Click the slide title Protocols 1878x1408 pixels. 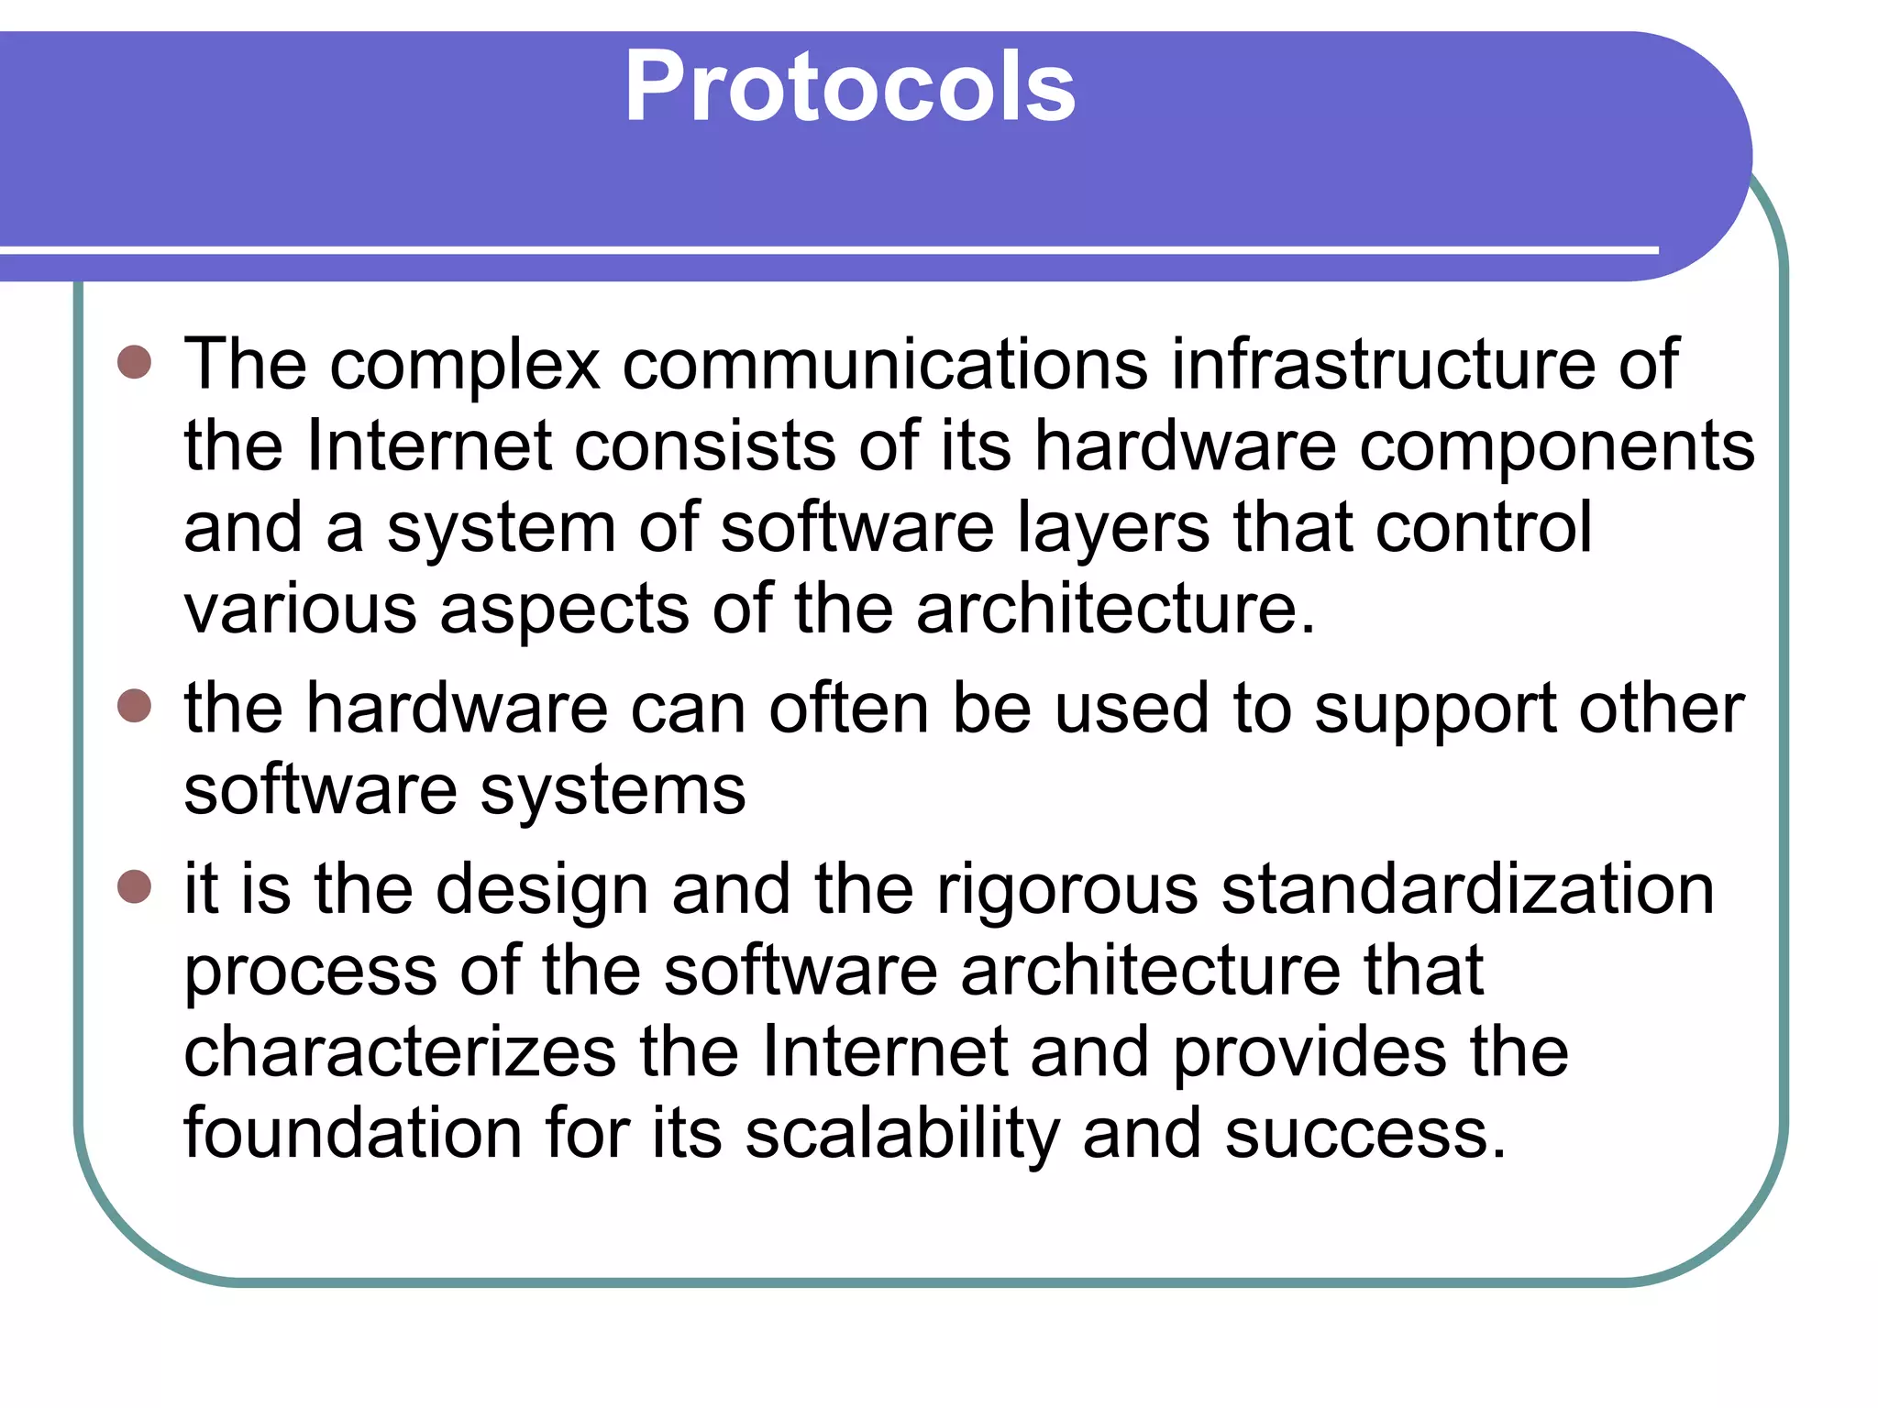[850, 87]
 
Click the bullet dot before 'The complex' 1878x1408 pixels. [135, 362]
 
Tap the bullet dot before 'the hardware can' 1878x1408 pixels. [135, 706]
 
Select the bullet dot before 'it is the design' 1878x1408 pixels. [135, 886]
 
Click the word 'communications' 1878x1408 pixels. [884, 364]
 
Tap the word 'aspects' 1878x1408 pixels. [564, 610]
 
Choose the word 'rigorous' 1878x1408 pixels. [1066, 891]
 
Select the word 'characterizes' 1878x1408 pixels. [400, 1052]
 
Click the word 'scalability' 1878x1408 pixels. [902, 1135]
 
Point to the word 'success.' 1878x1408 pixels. [1365, 1135]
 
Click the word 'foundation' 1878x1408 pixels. [352, 1133]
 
